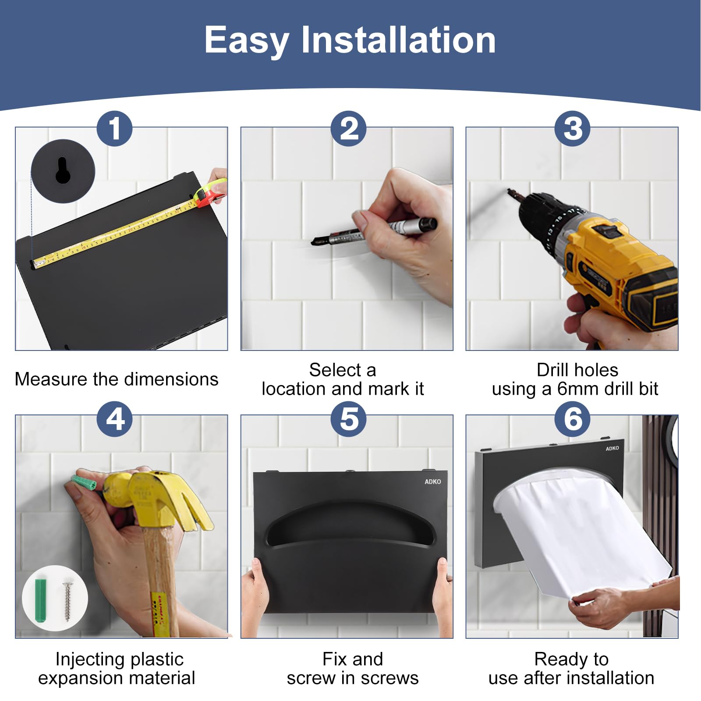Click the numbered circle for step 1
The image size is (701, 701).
114,129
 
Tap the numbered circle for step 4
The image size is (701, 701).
114,419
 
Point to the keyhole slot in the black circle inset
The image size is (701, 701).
63,170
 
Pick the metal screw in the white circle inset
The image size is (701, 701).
68,600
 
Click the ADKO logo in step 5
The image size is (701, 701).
432,481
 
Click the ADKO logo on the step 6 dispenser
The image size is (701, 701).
612,448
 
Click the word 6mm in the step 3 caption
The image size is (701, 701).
577,389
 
